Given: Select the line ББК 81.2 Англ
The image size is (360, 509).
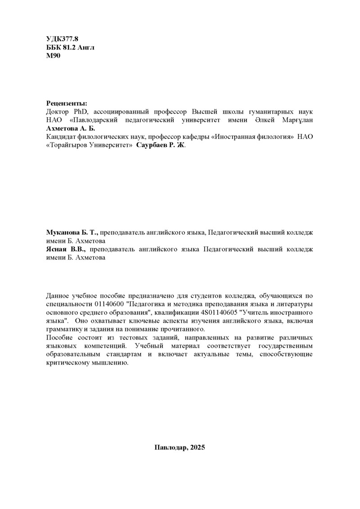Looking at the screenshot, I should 70,47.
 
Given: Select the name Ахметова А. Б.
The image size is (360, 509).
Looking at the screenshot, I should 68,129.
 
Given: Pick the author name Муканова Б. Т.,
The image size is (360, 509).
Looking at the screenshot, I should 72,232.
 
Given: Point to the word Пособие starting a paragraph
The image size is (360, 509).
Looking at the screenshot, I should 59,337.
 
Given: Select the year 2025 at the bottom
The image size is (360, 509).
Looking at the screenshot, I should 198,448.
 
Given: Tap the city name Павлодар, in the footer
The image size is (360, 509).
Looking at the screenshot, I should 171,448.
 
